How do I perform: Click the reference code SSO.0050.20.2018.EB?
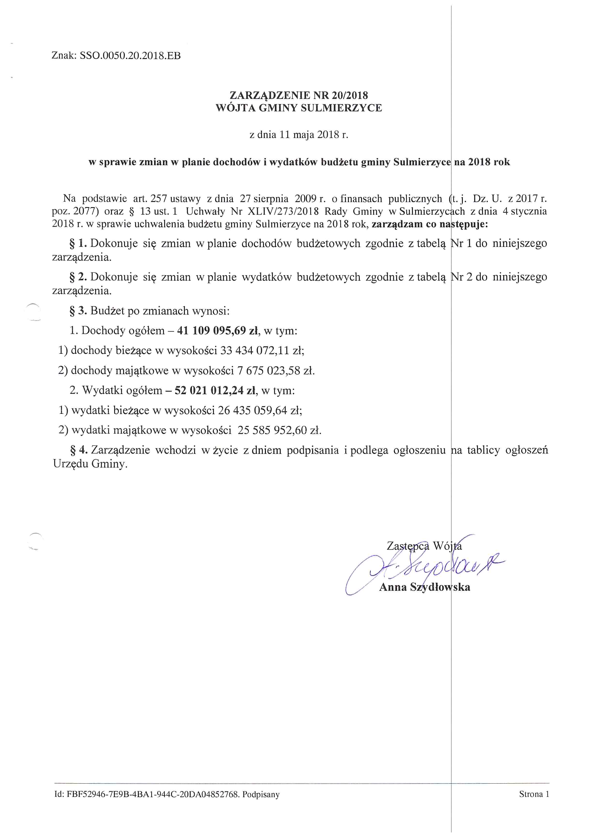pos(130,56)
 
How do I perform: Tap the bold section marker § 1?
pos(78,243)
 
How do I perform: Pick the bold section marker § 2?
pos(78,277)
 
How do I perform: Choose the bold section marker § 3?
pos(78,311)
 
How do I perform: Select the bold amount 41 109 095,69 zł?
pos(218,330)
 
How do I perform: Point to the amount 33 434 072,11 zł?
pos(262,350)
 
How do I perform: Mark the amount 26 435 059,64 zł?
pos(260,410)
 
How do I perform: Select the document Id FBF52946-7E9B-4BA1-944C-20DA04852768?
pos(152,794)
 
